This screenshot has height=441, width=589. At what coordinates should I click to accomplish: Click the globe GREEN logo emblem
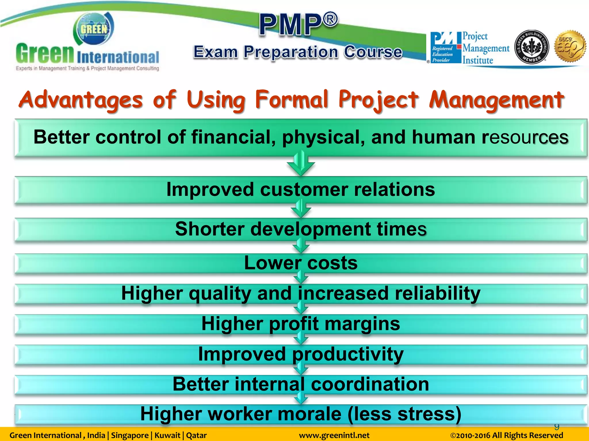click(93, 29)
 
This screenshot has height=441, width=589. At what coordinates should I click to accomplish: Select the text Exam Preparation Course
click(298, 52)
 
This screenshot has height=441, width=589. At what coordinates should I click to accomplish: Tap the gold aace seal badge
click(571, 46)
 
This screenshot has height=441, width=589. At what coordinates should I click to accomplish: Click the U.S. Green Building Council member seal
click(531, 47)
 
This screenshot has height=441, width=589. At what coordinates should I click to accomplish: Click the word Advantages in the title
click(81, 100)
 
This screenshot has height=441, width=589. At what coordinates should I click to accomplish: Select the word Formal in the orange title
click(292, 100)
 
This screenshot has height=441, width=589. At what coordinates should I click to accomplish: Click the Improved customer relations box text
click(301, 189)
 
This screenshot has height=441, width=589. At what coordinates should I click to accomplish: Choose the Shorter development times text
click(301, 229)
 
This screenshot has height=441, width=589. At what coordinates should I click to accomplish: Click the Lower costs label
click(301, 263)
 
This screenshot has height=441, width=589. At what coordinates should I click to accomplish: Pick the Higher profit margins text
click(301, 324)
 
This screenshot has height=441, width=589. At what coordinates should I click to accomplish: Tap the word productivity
click(348, 354)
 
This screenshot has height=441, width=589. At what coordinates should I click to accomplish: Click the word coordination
click(370, 384)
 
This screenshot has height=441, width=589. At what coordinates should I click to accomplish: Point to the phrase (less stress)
click(404, 414)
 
